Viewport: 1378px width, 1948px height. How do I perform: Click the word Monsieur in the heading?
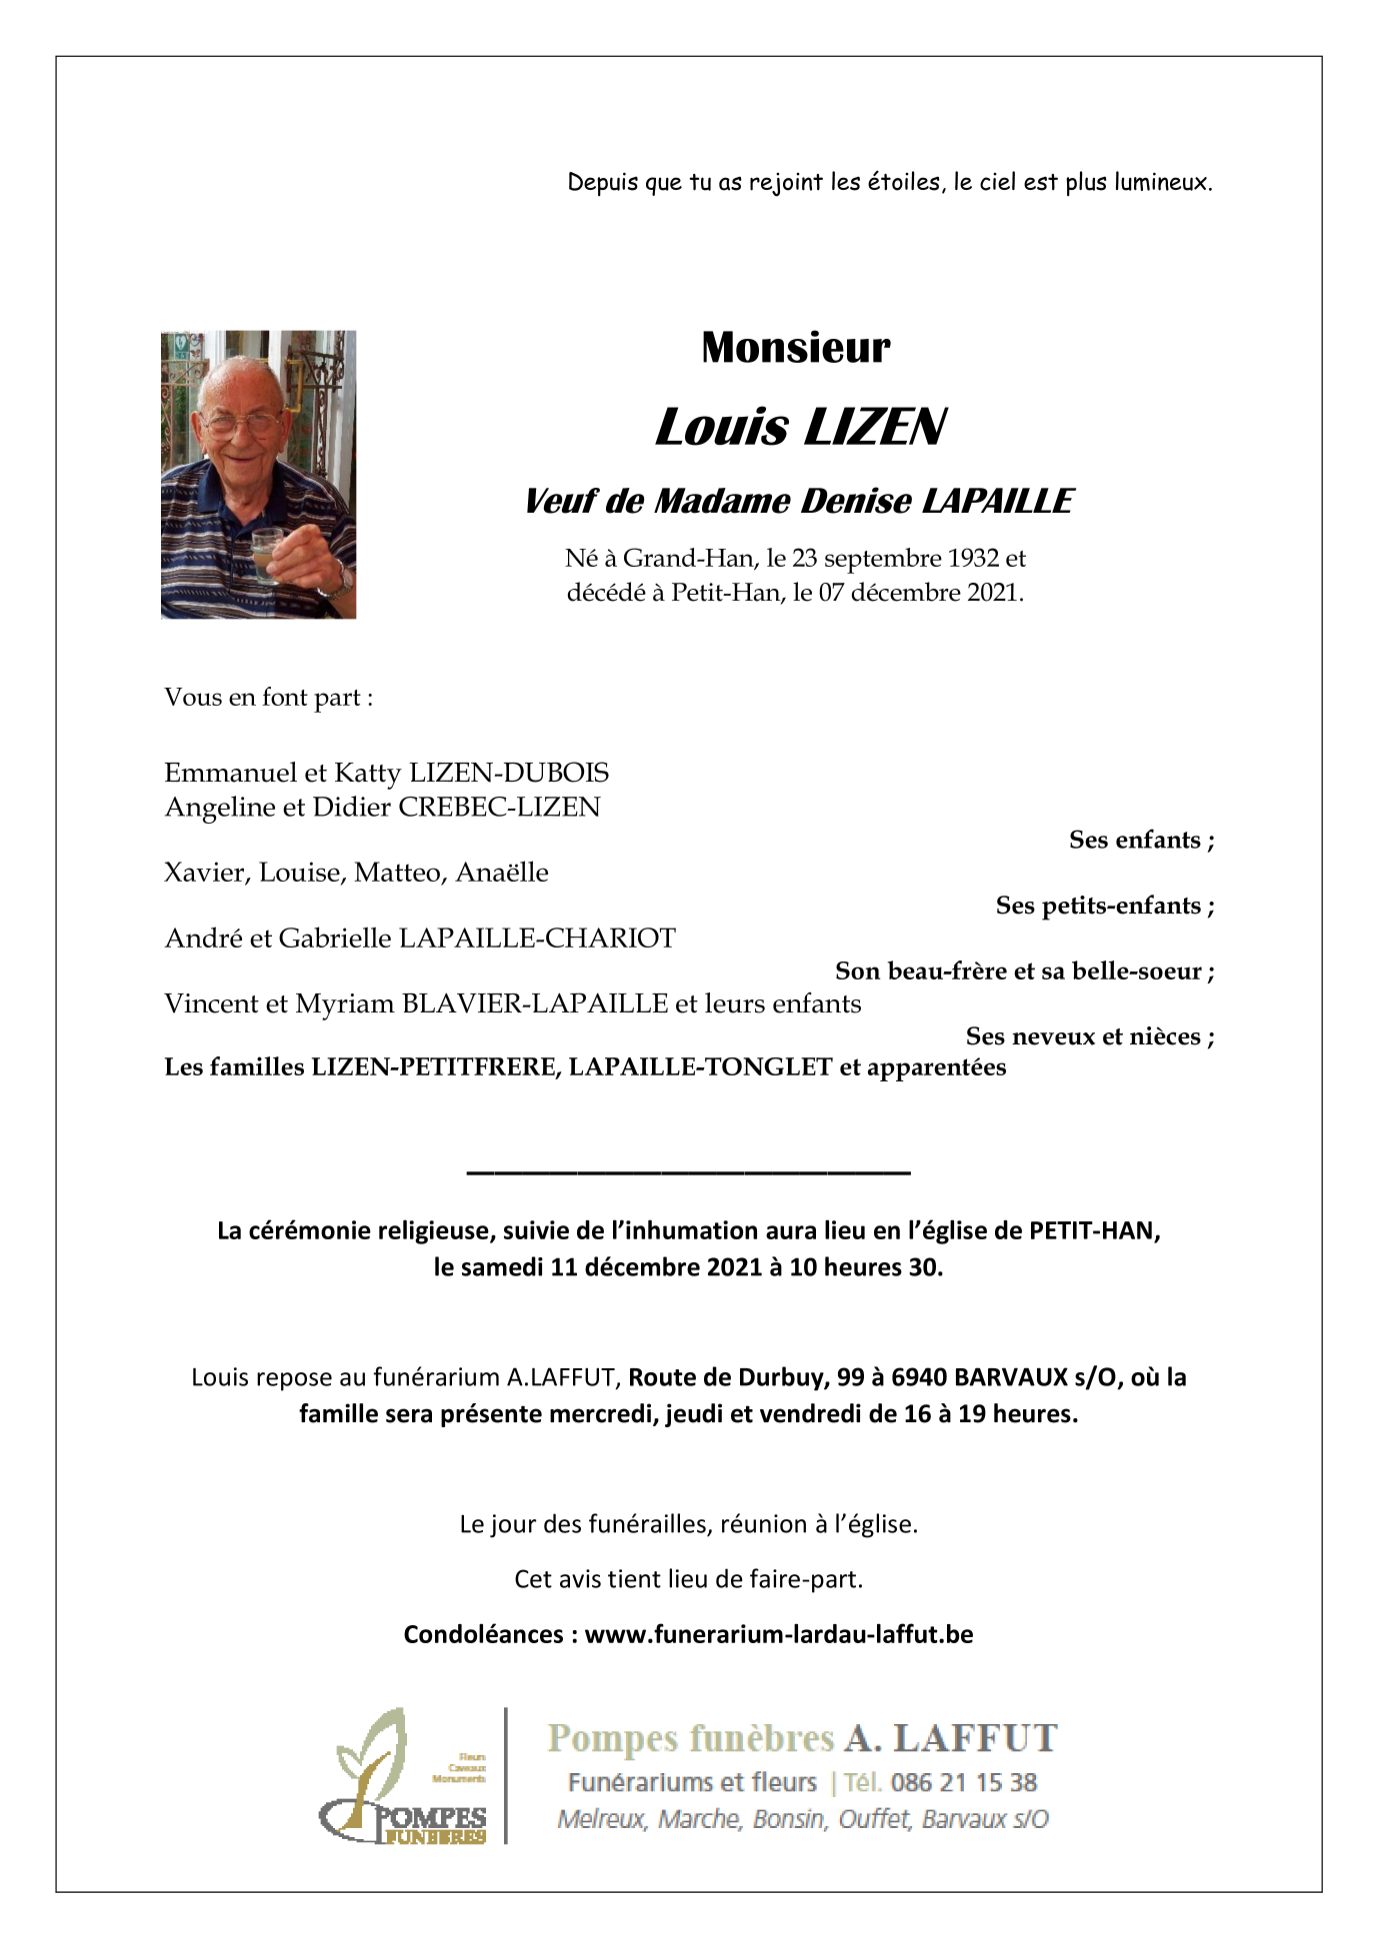click(795, 348)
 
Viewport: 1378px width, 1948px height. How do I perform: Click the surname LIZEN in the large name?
click(874, 428)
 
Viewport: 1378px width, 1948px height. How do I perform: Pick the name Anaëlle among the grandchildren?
click(502, 873)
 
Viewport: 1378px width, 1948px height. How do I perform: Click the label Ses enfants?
click(1141, 840)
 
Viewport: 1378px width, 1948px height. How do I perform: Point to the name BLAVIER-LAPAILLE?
click(534, 1003)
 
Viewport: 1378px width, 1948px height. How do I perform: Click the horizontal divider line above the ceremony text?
click(688, 1170)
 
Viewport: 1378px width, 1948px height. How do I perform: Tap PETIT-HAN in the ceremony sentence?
click(1093, 1230)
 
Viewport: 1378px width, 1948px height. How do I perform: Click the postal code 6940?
click(918, 1377)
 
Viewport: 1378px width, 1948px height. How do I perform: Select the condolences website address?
click(778, 1634)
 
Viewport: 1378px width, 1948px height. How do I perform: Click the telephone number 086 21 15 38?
click(963, 1782)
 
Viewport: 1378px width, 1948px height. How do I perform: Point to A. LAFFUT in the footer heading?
click(950, 1739)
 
